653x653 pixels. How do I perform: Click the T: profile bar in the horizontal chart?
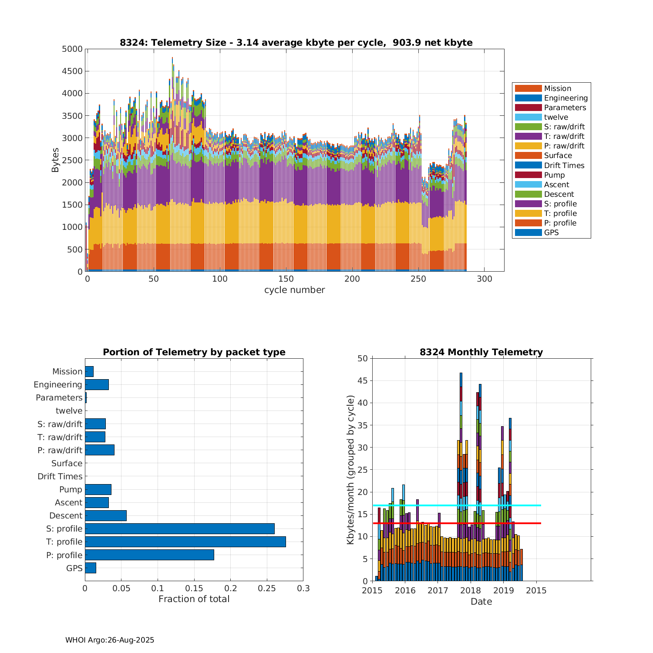pyautogui.click(x=185, y=542)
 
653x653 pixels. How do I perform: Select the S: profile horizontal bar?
pyautogui.click(x=179, y=528)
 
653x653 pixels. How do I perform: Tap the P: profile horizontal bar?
pyautogui.click(x=149, y=555)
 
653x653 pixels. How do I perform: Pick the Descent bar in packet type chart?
pyautogui.click(x=105, y=515)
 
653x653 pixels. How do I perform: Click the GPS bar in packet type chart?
pyautogui.click(x=90, y=568)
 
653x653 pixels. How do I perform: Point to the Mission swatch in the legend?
pyautogui.click(x=528, y=88)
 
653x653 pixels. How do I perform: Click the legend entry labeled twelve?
pyautogui.click(x=556, y=117)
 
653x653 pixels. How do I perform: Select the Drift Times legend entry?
pyautogui.click(x=564, y=165)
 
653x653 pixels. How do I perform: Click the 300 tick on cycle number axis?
pyautogui.click(x=485, y=279)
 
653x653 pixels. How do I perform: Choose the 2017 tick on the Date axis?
pyautogui.click(x=438, y=590)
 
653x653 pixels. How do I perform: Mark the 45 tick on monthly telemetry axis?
pyautogui.click(x=363, y=381)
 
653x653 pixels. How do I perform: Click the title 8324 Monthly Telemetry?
pyautogui.click(x=481, y=352)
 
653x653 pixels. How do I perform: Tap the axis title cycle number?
pyautogui.click(x=294, y=290)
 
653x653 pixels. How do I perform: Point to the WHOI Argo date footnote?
pyautogui.click(x=110, y=640)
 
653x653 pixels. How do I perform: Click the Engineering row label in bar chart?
pyautogui.click(x=58, y=384)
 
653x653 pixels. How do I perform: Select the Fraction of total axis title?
pyautogui.click(x=194, y=599)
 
